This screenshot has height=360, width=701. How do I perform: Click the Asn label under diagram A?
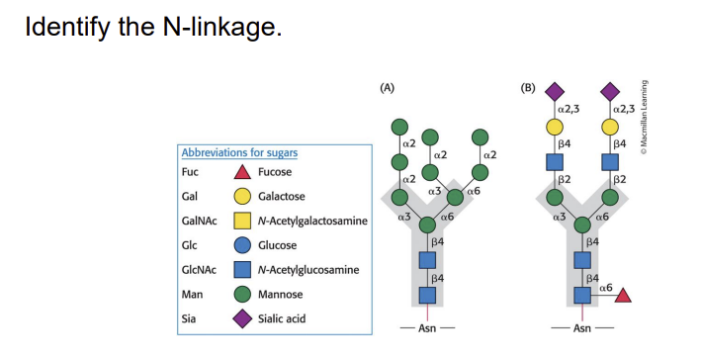point(428,327)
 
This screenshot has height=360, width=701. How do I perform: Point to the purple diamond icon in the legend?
point(241,318)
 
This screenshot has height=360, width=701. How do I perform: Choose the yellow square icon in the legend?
point(241,221)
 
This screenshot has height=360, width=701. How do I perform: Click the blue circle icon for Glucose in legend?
point(241,245)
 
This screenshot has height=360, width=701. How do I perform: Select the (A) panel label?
point(387,86)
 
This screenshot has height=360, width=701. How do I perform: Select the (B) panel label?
point(528,86)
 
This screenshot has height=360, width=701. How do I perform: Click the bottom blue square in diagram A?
point(428,295)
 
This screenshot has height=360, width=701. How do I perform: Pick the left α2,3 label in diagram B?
point(570,107)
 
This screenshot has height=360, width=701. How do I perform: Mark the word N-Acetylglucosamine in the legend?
point(306,270)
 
